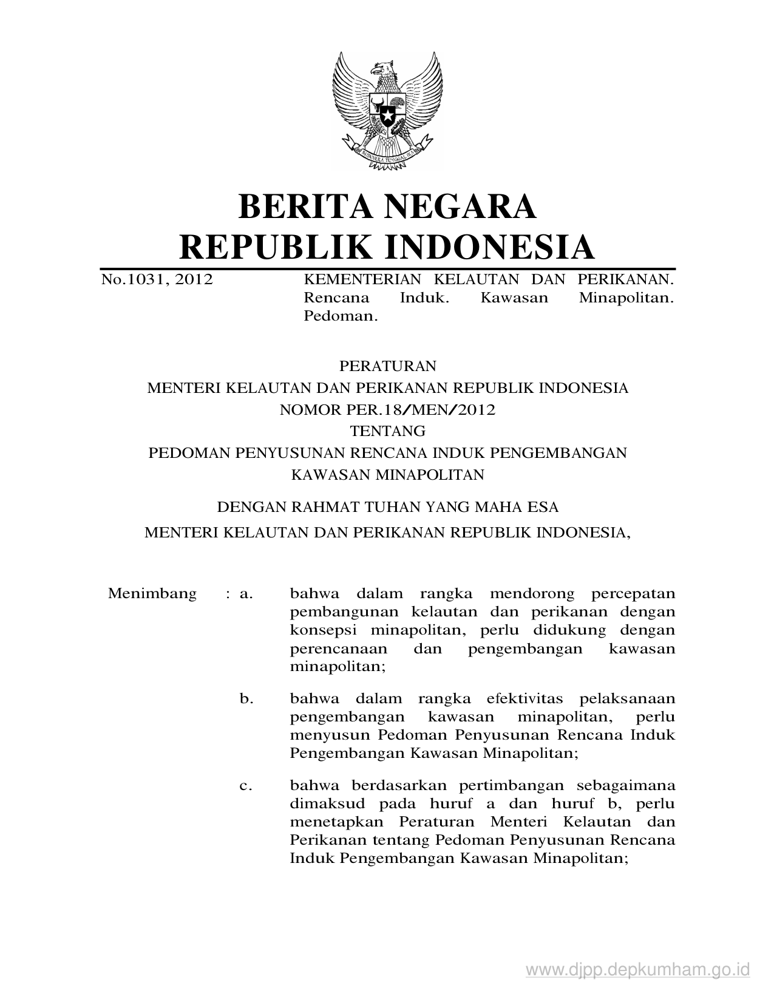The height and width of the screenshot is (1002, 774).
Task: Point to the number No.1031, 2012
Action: click(157, 280)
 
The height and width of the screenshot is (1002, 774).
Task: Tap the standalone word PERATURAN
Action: click(387, 366)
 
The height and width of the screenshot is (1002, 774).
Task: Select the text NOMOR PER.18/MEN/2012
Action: click(387, 410)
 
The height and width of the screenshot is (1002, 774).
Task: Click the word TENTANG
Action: click(387, 432)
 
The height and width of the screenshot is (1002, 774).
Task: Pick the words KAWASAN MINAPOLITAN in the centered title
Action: click(387, 475)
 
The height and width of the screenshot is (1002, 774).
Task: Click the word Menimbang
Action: click(152, 593)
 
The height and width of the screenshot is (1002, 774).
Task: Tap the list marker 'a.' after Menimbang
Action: click(246, 593)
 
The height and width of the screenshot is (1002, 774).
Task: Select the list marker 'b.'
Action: click(246, 699)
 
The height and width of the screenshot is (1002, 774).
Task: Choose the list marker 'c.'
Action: click(246, 786)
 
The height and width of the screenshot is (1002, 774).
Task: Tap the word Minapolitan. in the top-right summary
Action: click(626, 298)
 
